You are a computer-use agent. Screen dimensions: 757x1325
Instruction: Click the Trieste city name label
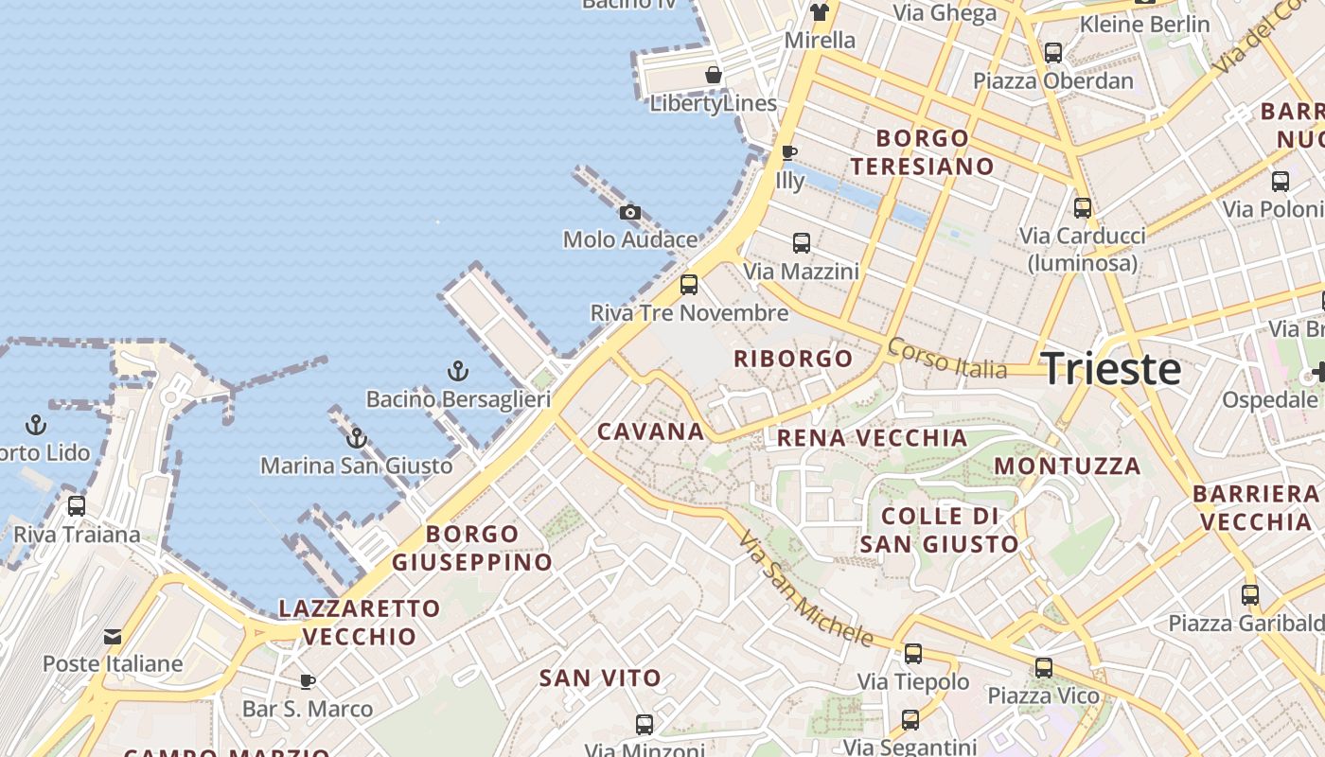click(1111, 368)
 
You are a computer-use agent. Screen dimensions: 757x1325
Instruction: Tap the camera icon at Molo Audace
click(630, 212)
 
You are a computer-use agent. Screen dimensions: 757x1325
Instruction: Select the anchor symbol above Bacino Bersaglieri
click(458, 371)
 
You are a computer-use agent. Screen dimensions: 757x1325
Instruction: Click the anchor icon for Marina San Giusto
click(357, 437)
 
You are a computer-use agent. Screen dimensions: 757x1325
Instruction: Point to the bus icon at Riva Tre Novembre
click(689, 284)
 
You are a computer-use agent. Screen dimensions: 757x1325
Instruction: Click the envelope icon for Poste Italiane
click(113, 636)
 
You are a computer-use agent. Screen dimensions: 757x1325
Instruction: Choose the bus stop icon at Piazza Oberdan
click(1053, 53)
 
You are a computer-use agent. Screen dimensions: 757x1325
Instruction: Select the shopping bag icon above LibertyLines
click(714, 75)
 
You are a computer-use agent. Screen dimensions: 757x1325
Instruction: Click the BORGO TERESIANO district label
click(922, 152)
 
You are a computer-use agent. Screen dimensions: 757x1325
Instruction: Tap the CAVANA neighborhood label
click(651, 431)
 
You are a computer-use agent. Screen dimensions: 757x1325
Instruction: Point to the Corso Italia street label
click(947, 359)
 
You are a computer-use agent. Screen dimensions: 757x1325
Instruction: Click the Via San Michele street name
click(805, 589)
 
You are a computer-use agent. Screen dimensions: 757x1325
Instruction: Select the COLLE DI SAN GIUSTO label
click(939, 530)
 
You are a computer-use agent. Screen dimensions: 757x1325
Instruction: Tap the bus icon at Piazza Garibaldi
click(1250, 595)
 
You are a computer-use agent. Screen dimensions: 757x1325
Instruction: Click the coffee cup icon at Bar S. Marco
click(308, 681)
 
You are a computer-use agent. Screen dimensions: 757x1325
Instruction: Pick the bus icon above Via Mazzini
click(802, 243)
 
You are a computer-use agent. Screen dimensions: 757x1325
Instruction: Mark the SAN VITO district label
click(600, 678)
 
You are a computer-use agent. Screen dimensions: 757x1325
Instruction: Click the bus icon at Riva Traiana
click(77, 506)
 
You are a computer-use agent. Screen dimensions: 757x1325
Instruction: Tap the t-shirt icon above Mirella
click(820, 12)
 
